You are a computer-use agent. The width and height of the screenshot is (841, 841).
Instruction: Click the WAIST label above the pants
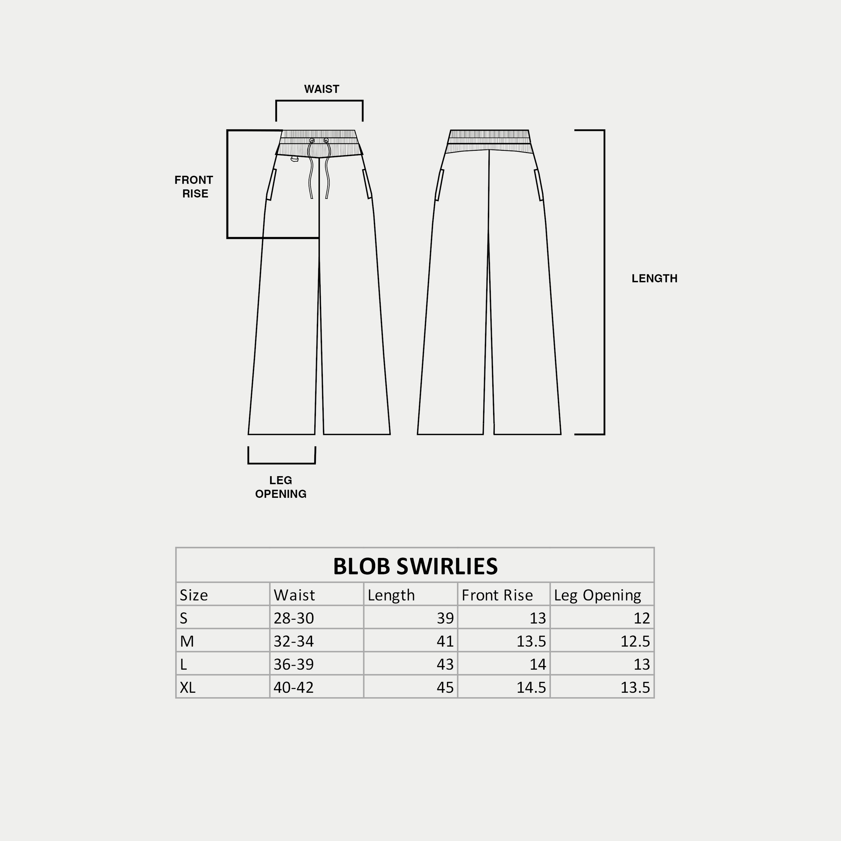click(321, 89)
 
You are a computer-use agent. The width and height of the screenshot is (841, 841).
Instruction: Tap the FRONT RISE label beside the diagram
click(194, 187)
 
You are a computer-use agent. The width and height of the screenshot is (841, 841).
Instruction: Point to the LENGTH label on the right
click(654, 279)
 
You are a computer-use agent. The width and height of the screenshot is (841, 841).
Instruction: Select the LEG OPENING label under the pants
click(281, 487)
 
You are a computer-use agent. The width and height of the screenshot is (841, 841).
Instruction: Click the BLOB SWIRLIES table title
click(415, 566)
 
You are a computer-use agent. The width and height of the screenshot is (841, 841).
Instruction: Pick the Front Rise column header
click(497, 595)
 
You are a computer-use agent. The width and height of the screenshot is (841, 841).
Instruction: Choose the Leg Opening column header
click(597, 596)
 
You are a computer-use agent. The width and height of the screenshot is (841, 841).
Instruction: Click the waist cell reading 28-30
click(294, 618)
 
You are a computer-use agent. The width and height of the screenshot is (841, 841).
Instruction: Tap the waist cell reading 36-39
click(294, 664)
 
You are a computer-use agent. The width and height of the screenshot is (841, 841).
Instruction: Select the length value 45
click(445, 687)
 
